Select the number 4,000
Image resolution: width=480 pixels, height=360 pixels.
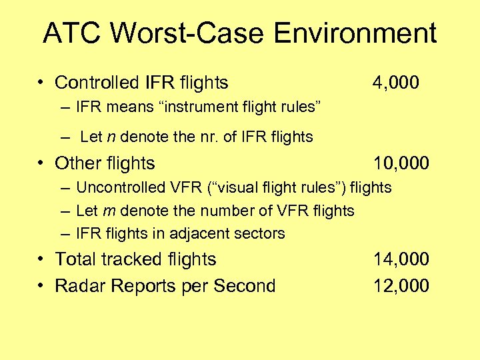[x=396, y=83]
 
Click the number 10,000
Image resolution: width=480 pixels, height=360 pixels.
[x=401, y=163]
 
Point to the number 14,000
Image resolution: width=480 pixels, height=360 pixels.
[x=401, y=259]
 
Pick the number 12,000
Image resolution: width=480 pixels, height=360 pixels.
[x=401, y=286]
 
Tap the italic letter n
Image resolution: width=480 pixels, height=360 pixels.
[x=111, y=137]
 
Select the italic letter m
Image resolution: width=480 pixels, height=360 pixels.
[x=107, y=211]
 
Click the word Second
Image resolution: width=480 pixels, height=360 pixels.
[x=243, y=286]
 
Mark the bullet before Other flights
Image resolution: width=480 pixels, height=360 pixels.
[x=41, y=163]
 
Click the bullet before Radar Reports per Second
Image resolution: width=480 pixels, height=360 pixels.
[x=41, y=286]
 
